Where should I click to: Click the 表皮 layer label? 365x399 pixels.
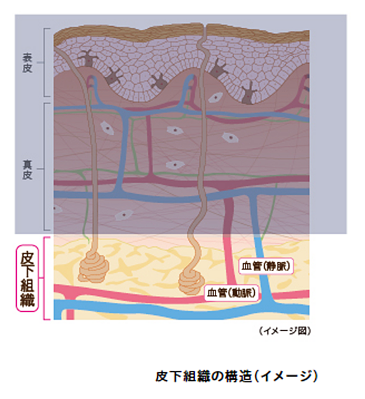27,62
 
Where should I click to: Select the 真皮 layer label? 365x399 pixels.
27,170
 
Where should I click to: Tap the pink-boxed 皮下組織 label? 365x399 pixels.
27,279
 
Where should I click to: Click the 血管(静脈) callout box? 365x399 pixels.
266,266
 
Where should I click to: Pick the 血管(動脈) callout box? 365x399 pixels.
231,293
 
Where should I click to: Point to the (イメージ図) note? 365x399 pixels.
285,331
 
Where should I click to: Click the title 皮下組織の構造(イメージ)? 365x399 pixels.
237,376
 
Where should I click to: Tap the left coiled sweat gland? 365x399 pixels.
94,266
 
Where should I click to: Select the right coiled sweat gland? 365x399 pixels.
191,282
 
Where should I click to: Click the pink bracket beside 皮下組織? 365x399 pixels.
44,278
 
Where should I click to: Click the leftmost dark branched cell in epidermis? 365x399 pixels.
88,59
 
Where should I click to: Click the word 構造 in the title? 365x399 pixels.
238,377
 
